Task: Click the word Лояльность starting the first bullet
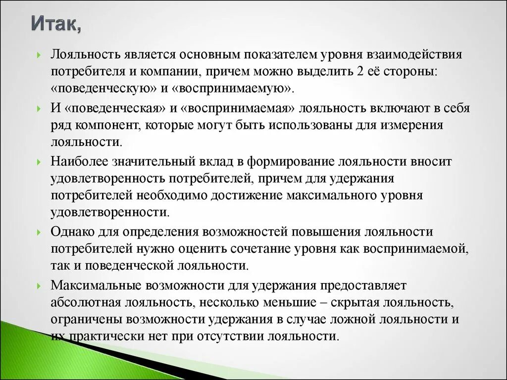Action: click(83, 53)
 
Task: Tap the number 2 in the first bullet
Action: click(358, 71)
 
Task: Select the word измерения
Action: click(412, 125)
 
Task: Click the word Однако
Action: click(73, 232)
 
